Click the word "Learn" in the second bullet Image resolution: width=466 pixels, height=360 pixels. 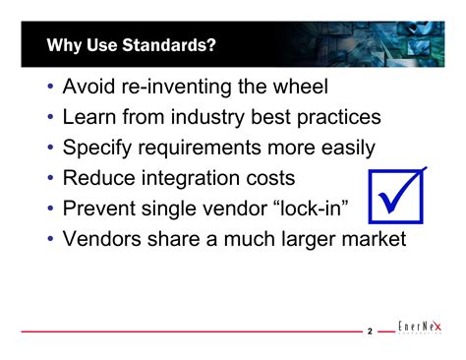pyautogui.click(x=91, y=118)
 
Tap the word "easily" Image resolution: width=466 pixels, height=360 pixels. pyautogui.click(x=342, y=149)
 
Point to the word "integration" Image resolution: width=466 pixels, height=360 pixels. pyautogui.click(x=204, y=179)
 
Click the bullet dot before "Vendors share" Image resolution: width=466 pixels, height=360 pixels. pyautogui.click(x=50, y=240)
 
